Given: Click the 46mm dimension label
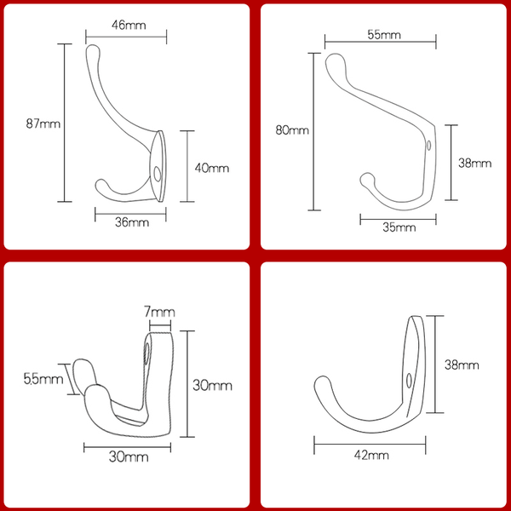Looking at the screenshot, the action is (129, 25).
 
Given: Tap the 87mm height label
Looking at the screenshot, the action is (43, 123).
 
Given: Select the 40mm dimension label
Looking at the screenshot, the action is (212, 168).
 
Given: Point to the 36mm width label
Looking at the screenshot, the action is (132, 222).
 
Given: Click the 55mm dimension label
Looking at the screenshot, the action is (384, 35).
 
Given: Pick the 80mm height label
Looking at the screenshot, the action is (292, 130).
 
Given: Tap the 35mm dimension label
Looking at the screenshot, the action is (399, 227).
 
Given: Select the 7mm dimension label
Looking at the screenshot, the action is (160, 312).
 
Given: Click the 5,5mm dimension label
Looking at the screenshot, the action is (43, 379).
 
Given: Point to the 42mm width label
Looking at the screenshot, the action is (371, 455).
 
